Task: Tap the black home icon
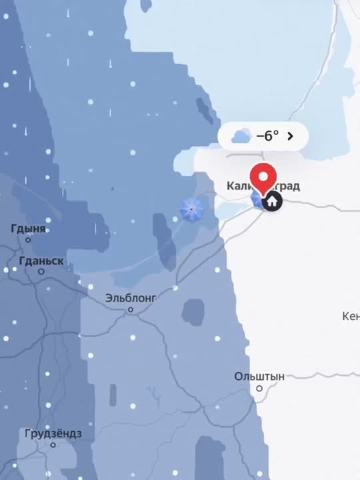pyautogui.click(x=272, y=201)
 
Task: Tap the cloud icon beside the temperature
pyautogui.click(x=241, y=137)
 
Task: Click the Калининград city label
pyautogui.click(x=263, y=186)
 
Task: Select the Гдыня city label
pyautogui.click(x=28, y=229)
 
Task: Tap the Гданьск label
pyautogui.click(x=42, y=261)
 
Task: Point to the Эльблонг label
pyautogui.click(x=131, y=298)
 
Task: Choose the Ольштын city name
pyautogui.click(x=259, y=377)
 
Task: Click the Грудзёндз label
pyautogui.click(x=53, y=433)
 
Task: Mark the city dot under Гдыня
pyautogui.click(x=28, y=240)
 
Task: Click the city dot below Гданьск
pyautogui.click(x=41, y=271)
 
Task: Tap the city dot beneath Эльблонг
pyautogui.click(x=131, y=309)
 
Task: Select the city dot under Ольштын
pyautogui.click(x=259, y=388)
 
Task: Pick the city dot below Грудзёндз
pyautogui.click(x=53, y=445)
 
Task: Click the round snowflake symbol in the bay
pyautogui.click(x=192, y=210)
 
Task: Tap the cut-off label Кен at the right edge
pyautogui.click(x=351, y=315)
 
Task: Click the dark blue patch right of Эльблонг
pyautogui.click(x=193, y=311)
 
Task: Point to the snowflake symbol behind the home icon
pyautogui.click(x=258, y=199)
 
